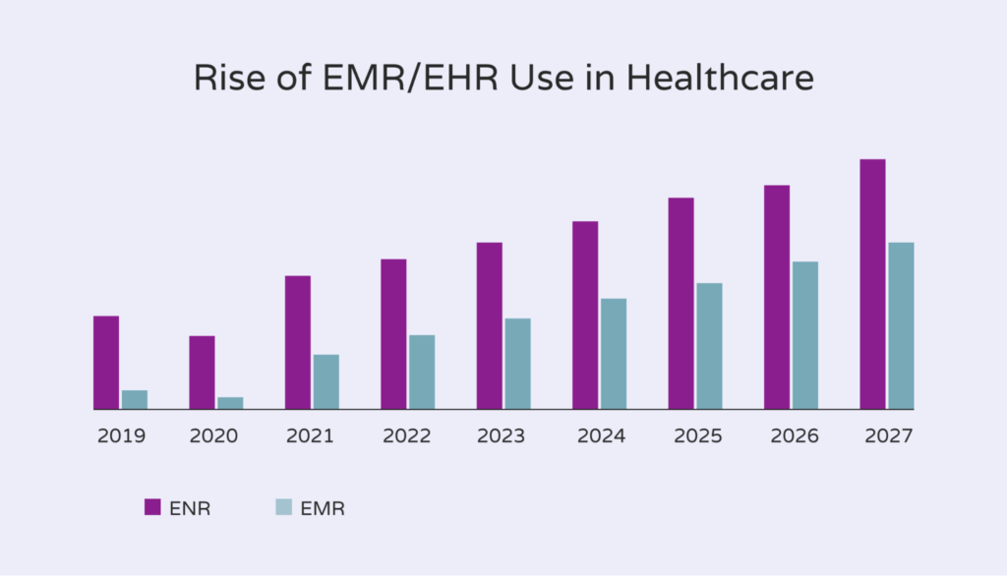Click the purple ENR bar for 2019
(x=106, y=362)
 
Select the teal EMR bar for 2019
(x=135, y=399)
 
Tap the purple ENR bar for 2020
(x=202, y=372)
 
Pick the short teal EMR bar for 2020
(x=230, y=403)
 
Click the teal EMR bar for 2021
(x=326, y=381)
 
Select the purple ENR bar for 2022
(x=393, y=333)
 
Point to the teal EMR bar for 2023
(x=517, y=363)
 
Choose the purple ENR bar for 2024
(x=585, y=315)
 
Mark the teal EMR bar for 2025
(x=709, y=345)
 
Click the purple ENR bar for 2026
(x=777, y=297)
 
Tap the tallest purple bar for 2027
(x=872, y=283)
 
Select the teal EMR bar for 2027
(x=901, y=325)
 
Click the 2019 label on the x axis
(x=121, y=435)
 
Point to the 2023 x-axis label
(x=503, y=435)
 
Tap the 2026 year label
(x=791, y=435)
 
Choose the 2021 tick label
(x=312, y=435)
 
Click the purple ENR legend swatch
(x=152, y=507)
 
